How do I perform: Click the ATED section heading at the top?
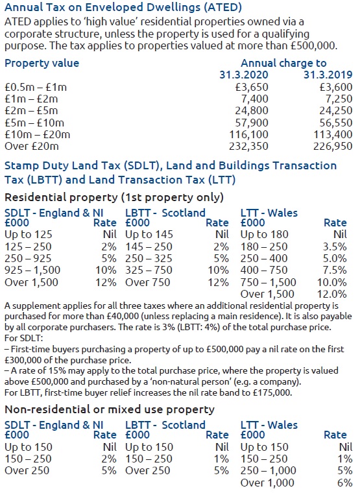click(123, 8)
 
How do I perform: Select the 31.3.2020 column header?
click(244, 75)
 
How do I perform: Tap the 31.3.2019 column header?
click(328, 75)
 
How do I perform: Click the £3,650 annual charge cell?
click(250, 87)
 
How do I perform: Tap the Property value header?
click(42, 63)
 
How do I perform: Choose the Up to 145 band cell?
click(149, 235)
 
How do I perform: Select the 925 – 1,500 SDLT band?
click(36, 271)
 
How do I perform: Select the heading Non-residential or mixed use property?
click(110, 409)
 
